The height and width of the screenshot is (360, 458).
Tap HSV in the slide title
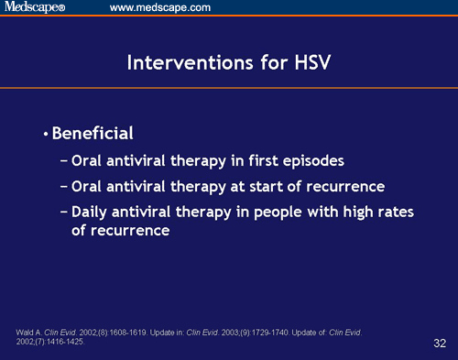[309, 63]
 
